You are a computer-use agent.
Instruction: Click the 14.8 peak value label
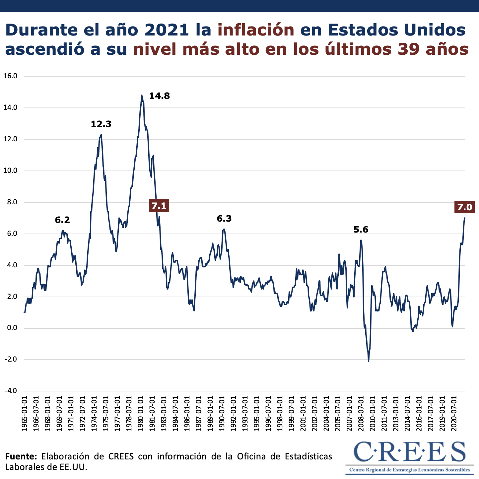click(159, 96)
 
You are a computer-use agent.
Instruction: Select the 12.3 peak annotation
click(101, 124)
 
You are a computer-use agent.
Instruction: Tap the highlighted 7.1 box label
click(159, 206)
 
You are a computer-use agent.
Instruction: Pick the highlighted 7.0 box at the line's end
click(464, 207)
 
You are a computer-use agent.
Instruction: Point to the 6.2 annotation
click(62, 220)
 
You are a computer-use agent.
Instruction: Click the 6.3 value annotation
click(224, 219)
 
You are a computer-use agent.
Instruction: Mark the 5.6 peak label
click(361, 230)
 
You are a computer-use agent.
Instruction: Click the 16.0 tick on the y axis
click(10, 76)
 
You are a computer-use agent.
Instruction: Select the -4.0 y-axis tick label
click(10, 391)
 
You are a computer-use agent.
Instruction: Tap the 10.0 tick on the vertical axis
click(10, 171)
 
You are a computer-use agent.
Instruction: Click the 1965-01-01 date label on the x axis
click(25, 413)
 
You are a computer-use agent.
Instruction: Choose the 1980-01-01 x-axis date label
click(141, 413)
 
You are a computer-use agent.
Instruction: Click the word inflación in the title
click(256, 30)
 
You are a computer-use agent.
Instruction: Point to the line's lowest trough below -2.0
click(369, 361)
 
